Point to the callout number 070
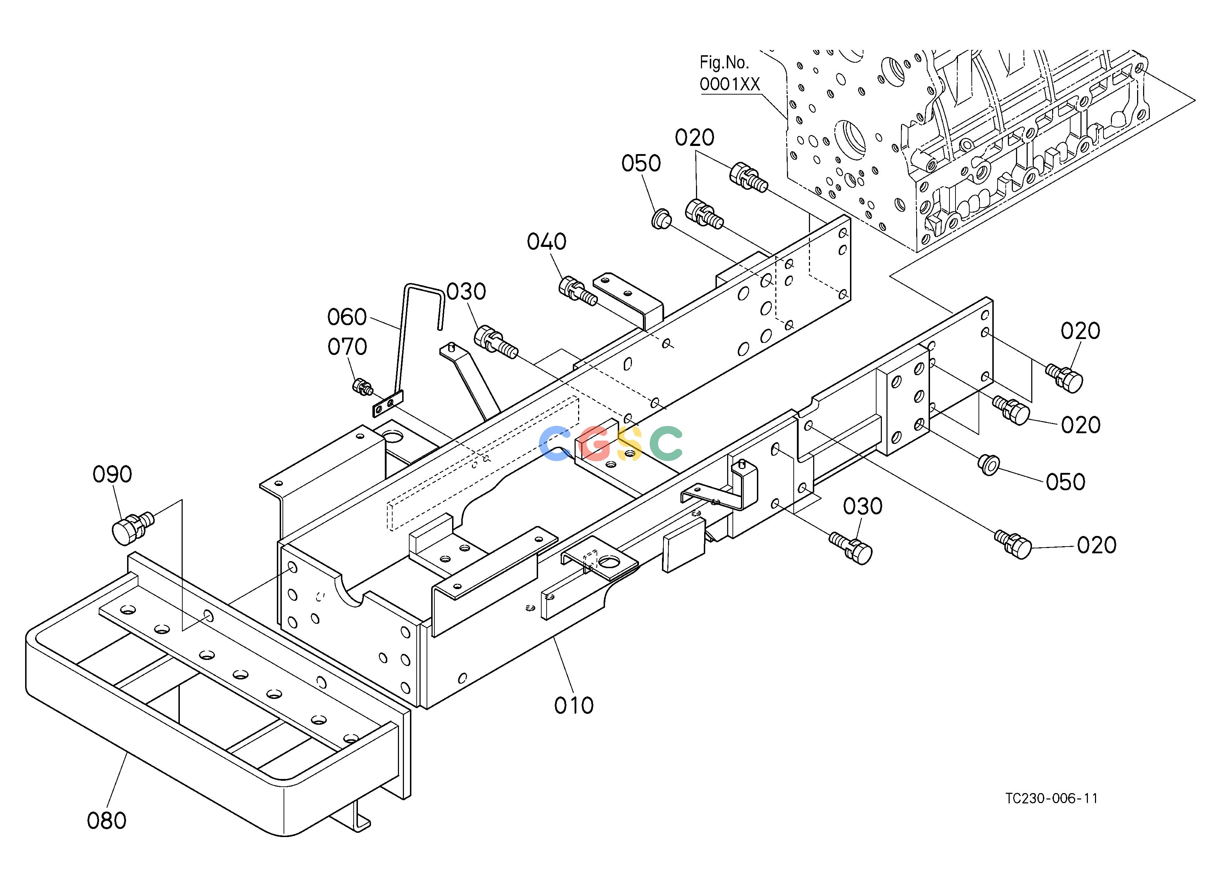click(347, 347)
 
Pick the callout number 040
click(547, 242)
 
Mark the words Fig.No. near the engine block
click(724, 63)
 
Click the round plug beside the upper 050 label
click(661, 219)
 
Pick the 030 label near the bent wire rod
click(466, 292)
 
